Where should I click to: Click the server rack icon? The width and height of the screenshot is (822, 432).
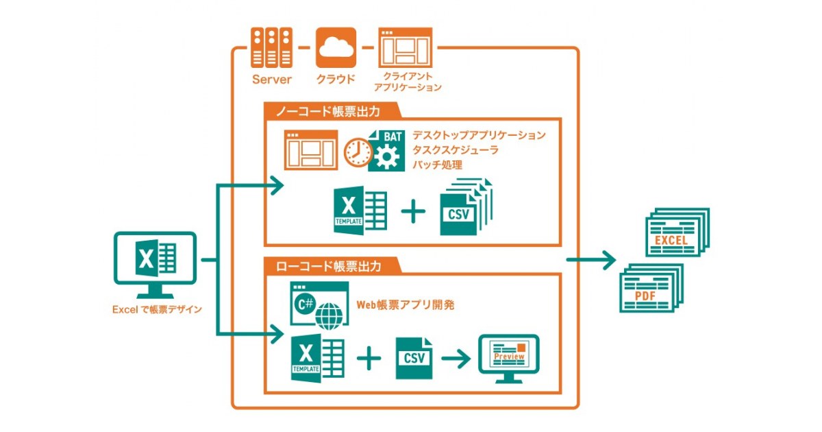(271, 47)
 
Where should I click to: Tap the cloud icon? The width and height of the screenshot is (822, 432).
(336, 47)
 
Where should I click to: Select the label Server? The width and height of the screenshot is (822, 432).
(271, 80)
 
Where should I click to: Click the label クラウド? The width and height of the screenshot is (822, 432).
(336, 79)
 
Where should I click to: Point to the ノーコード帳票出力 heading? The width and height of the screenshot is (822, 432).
(327, 111)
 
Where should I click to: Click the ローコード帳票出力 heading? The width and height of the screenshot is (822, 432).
(328, 266)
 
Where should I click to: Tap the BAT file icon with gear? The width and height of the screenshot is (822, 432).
(387, 151)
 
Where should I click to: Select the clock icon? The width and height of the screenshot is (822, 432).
(358, 152)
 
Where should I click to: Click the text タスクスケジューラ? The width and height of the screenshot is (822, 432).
(456, 150)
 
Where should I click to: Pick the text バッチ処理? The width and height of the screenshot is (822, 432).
(438, 165)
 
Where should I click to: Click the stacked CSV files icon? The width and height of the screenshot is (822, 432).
(466, 207)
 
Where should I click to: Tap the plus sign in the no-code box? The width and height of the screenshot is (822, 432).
(413, 211)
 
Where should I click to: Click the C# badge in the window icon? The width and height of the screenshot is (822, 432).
(305, 304)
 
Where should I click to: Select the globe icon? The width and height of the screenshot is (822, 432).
(329, 316)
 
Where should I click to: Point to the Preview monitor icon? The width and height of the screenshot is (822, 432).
(508, 359)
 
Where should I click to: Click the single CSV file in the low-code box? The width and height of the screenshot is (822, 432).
(414, 358)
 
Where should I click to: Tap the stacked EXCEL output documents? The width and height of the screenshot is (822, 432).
(677, 232)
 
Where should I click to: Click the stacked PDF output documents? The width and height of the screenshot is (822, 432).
(651, 288)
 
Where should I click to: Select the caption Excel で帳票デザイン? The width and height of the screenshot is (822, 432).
(157, 309)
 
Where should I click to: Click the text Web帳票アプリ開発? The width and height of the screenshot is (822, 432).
(406, 304)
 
